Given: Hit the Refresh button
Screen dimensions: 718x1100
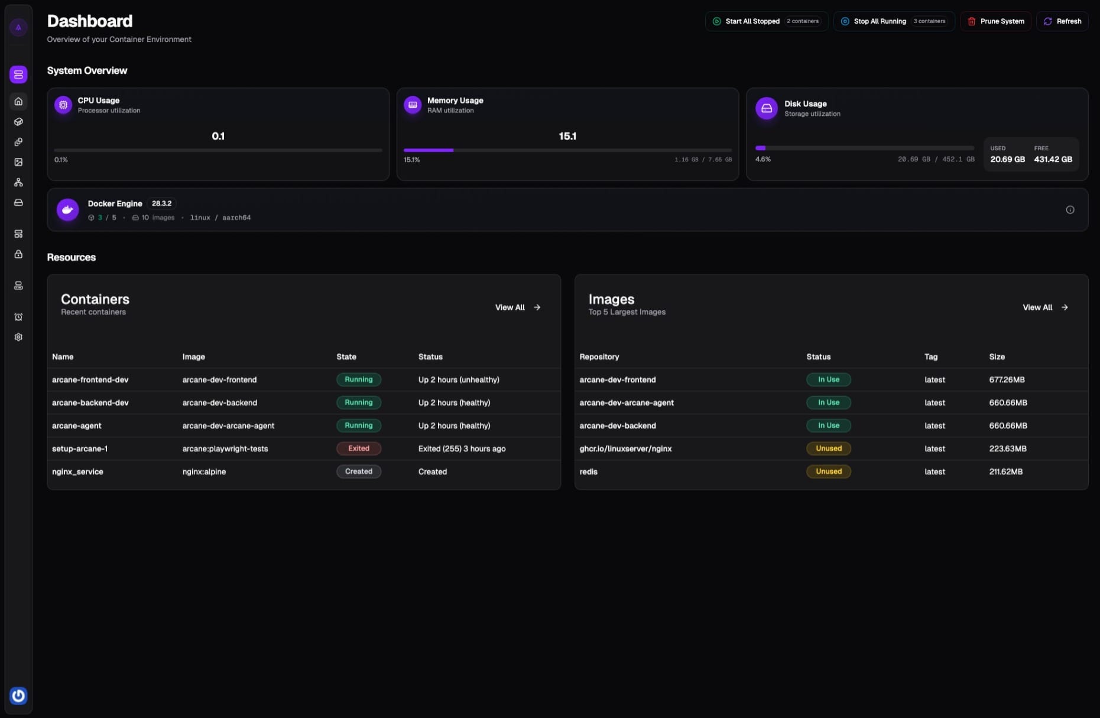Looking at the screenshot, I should click(x=1062, y=21).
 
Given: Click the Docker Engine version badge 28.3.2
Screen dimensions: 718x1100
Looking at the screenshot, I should click(x=161, y=203).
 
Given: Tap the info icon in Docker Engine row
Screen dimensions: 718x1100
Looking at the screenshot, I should click(x=1070, y=210).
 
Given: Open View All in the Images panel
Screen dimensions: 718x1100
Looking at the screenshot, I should click(x=1045, y=308).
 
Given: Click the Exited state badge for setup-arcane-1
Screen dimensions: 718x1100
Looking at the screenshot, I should click(x=359, y=448).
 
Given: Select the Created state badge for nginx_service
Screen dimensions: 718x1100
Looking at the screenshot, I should click(x=359, y=471).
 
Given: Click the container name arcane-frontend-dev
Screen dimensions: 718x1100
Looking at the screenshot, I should click(x=90, y=380).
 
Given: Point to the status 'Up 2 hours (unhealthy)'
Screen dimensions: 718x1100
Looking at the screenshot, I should click(x=459, y=380).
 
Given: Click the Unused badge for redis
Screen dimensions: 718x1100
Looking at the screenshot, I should click(x=828, y=471).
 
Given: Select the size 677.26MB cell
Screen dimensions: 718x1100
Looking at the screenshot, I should click(x=1007, y=380).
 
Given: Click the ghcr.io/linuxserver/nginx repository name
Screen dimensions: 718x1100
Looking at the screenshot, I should click(x=625, y=449).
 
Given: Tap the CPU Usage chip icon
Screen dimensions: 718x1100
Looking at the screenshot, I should click(x=63, y=105).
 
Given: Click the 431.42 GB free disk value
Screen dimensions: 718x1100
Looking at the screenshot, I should click(x=1053, y=159).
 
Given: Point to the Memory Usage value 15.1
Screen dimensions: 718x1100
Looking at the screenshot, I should click(x=567, y=136).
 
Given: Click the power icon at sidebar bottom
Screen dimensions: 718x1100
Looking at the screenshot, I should click(x=18, y=696).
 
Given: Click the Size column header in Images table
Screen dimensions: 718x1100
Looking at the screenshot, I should click(x=997, y=357).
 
